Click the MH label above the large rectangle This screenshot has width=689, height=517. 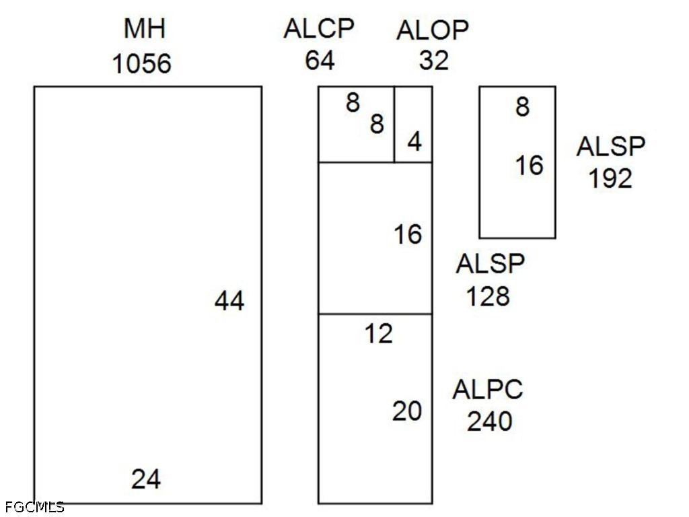click(145, 28)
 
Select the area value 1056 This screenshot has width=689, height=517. click(141, 63)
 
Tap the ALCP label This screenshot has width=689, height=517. click(318, 29)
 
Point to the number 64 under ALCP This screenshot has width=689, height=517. click(320, 60)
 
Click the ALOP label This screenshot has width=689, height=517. click(433, 30)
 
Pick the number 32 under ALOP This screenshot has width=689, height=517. click(434, 60)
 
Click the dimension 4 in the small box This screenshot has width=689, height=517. click(414, 141)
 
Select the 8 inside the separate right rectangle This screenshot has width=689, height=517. click(522, 107)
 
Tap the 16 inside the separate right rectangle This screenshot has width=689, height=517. click(529, 166)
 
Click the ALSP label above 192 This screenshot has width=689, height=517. click(611, 146)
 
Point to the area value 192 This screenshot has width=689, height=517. click(610, 178)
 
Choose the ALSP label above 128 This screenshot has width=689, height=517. click(490, 264)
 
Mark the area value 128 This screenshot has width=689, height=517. click(488, 296)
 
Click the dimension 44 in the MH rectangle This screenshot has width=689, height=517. click(229, 301)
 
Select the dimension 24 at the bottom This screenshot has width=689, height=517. click(146, 479)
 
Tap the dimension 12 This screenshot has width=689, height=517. click(378, 334)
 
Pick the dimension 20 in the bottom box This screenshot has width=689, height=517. click(407, 411)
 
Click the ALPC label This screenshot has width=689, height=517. click(488, 390)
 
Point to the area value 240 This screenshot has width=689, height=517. click(489, 421)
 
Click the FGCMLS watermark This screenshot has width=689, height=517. click(35, 507)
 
